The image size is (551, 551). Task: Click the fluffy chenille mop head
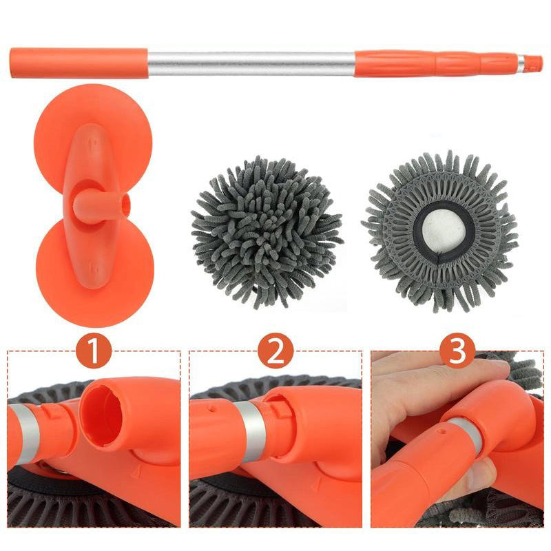click(x=267, y=231)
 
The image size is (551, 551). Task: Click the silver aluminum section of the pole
click(x=251, y=63)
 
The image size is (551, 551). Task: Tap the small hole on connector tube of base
click(x=124, y=205)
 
